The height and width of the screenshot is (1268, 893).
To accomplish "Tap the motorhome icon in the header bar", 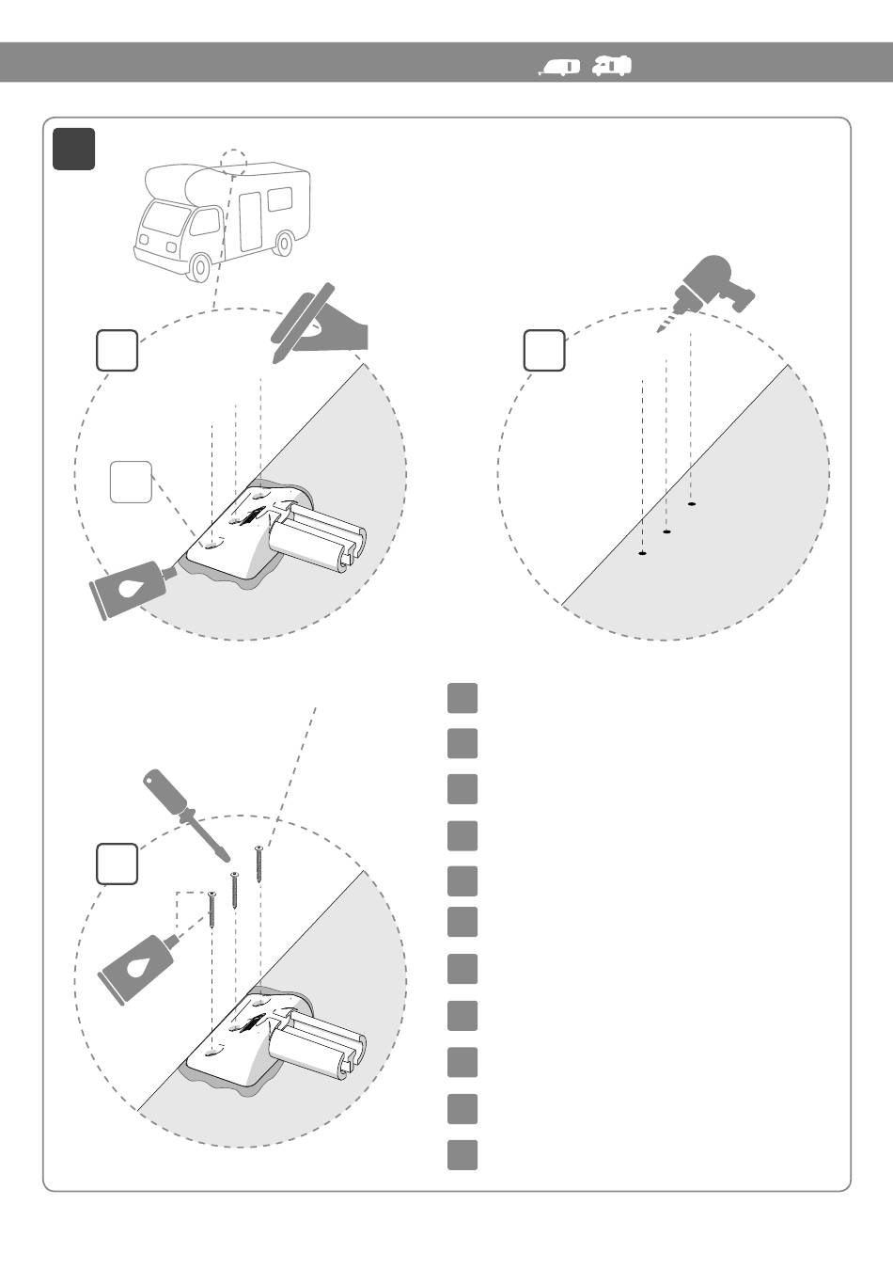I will click(613, 65).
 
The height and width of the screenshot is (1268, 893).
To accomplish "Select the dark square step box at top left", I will click(74, 149).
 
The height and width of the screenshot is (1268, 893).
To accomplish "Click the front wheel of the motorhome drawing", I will click(198, 267).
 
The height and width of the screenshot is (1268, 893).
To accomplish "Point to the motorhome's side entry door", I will click(249, 221).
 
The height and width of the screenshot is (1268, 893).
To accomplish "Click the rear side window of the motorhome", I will click(280, 200).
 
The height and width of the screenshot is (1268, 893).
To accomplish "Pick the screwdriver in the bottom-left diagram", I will click(182, 814).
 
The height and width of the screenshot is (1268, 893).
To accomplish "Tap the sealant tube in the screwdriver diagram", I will click(138, 965).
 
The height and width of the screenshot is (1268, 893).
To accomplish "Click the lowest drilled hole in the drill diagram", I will click(642, 554).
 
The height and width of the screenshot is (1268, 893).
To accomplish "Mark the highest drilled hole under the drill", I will click(691, 505).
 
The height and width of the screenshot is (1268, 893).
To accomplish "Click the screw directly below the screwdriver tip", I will click(234, 889).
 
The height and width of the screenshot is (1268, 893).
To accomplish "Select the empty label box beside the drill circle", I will click(544, 351).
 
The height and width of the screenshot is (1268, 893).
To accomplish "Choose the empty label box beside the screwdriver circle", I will click(117, 864).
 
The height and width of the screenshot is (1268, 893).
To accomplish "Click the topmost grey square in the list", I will click(462, 698).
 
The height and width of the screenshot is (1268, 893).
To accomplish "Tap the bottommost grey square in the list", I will click(462, 1154).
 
